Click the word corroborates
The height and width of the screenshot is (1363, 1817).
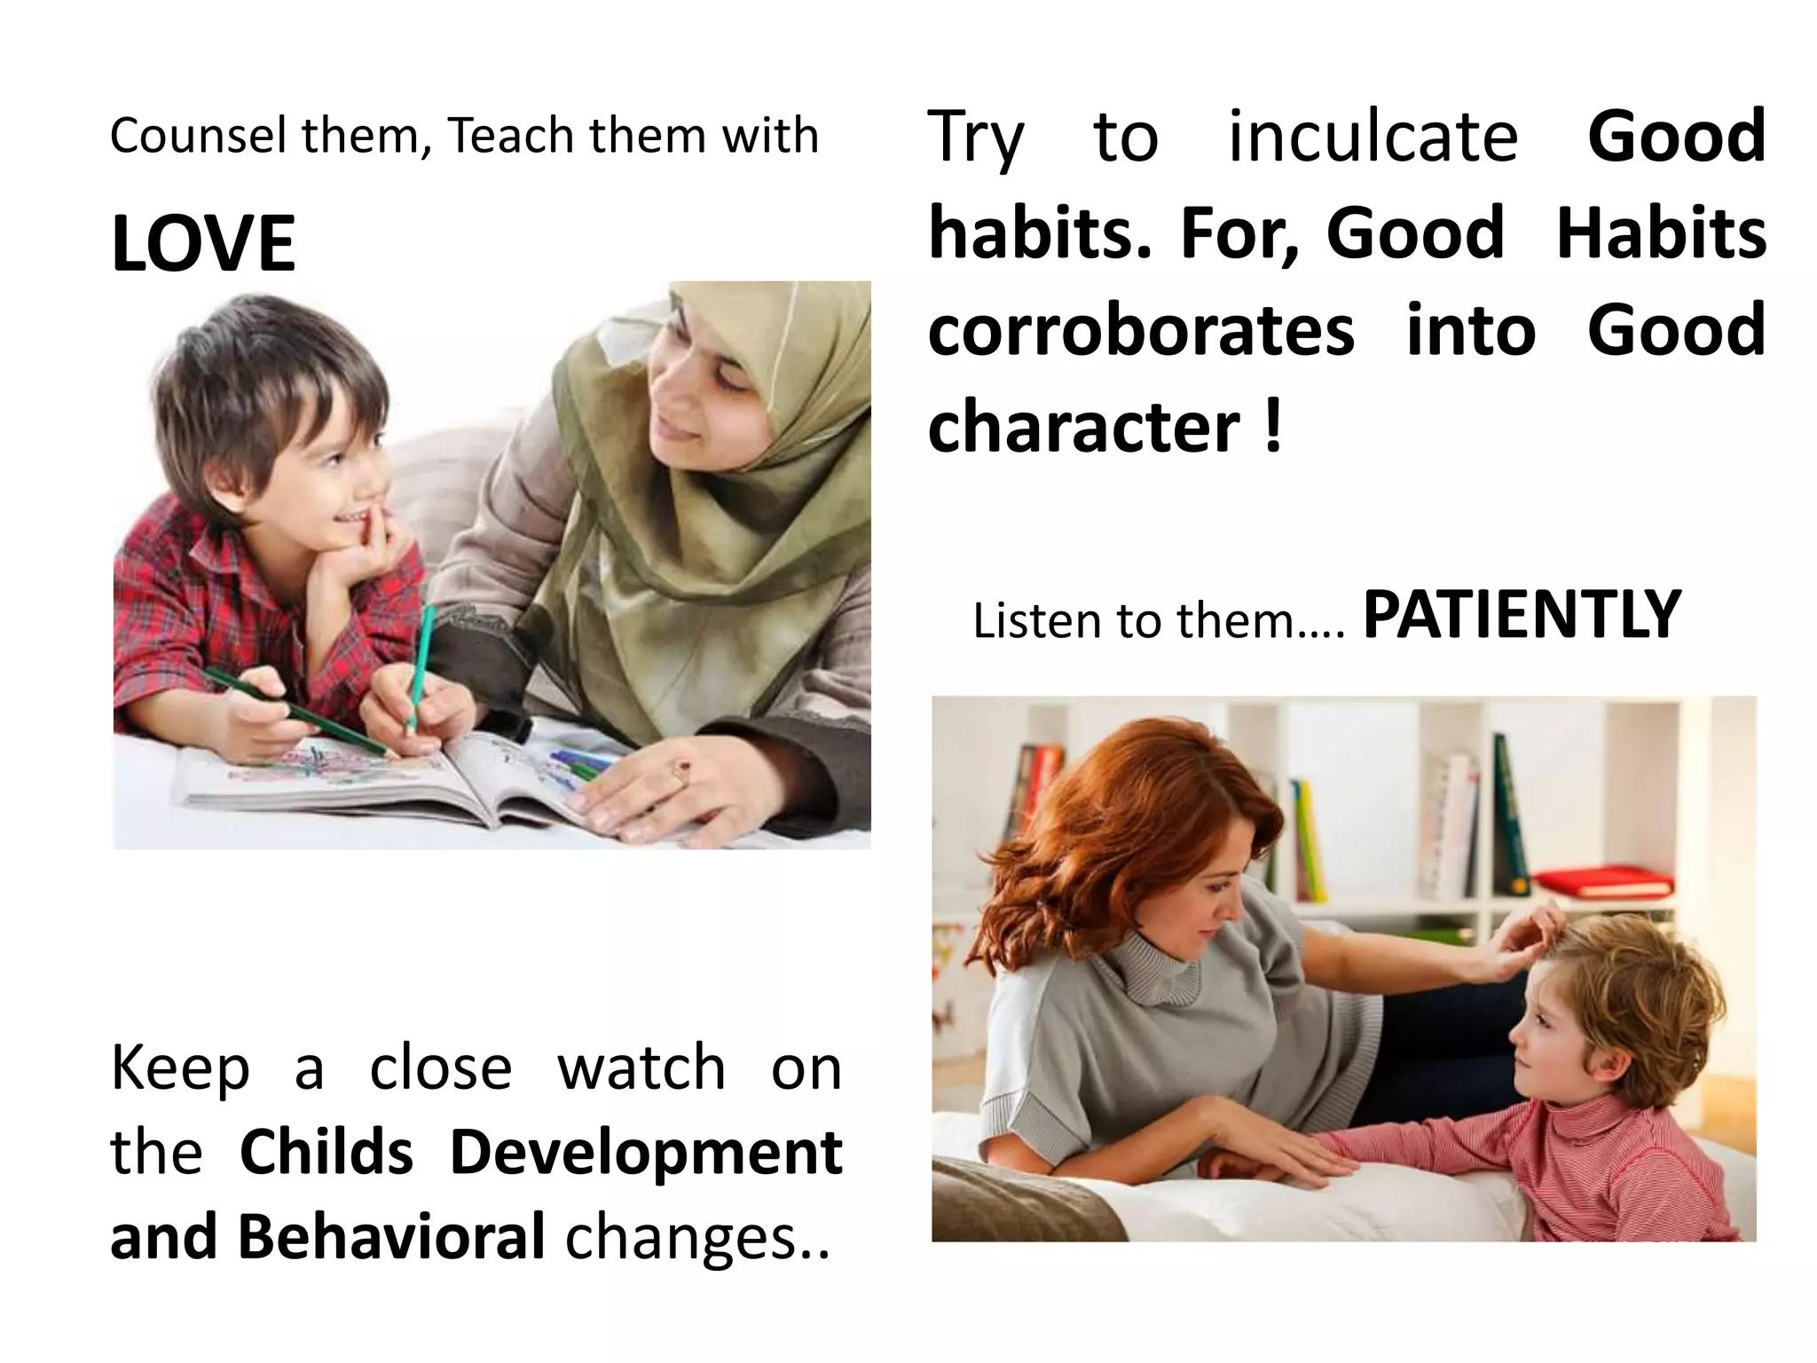pos(1141,330)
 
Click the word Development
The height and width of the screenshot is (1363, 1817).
pos(646,1153)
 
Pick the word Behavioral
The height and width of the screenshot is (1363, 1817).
pos(390,1237)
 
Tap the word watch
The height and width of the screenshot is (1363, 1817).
pos(641,1068)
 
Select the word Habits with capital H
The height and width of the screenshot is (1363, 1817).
pos(1661,233)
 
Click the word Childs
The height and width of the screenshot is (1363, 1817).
pos(326,1153)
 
